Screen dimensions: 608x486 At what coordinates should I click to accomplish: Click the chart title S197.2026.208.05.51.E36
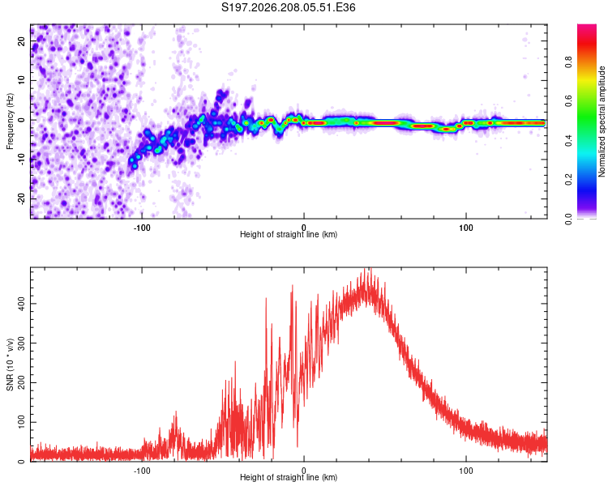[288, 7]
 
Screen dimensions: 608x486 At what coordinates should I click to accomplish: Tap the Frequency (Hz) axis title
[10, 122]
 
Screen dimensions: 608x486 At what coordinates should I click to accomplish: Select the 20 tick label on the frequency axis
[21, 40]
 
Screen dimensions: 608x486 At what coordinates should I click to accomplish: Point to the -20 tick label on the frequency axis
[21, 199]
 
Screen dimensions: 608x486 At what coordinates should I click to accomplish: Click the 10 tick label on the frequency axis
[21, 80]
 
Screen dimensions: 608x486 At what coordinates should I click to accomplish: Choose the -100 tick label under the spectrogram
[142, 228]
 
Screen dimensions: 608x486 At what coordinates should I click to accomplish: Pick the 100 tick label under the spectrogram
[465, 228]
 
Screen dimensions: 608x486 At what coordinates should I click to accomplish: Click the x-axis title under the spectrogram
[289, 234]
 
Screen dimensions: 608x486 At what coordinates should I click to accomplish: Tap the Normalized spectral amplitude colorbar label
[602, 122]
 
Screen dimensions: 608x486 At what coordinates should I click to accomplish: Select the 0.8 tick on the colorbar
[568, 62]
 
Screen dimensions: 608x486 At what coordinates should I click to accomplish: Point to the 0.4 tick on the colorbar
[568, 141]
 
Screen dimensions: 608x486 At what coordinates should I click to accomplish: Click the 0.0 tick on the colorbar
[568, 219]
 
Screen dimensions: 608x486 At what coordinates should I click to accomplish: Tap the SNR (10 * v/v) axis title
[10, 364]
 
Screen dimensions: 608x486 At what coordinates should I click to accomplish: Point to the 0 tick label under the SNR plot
[304, 471]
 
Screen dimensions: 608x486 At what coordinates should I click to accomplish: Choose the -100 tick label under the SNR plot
[142, 471]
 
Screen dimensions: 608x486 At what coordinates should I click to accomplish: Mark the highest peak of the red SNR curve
[370, 268]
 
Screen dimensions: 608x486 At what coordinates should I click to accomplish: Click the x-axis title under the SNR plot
[289, 477]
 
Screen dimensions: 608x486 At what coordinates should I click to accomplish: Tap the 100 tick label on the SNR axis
[21, 422]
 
